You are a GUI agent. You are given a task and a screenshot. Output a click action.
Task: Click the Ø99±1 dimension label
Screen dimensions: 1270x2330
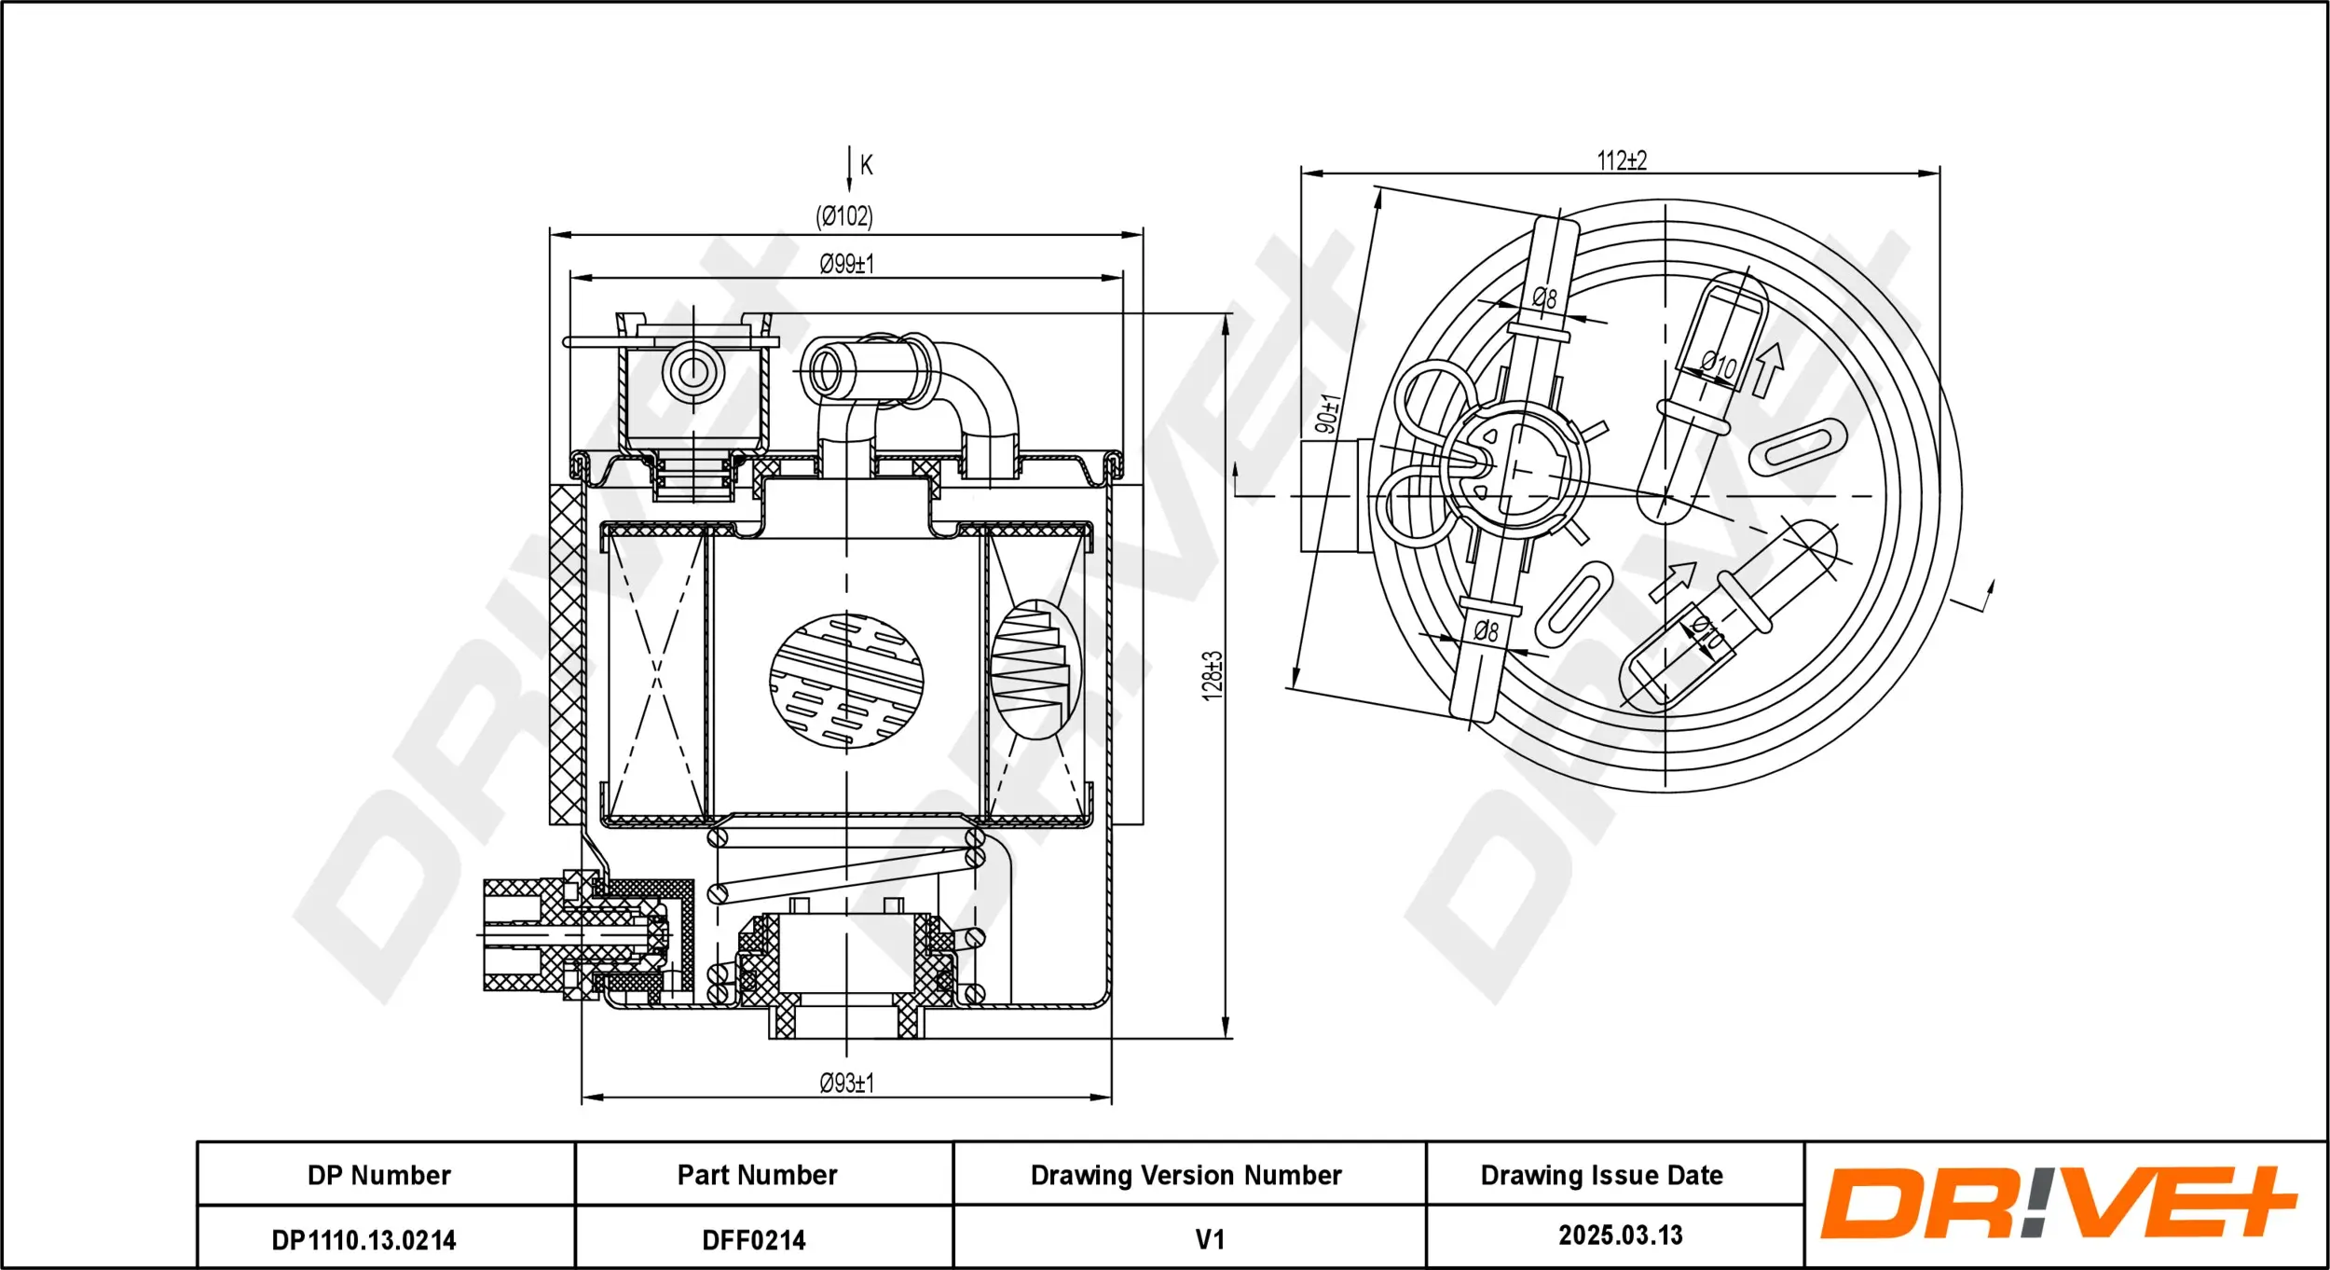pos(846,264)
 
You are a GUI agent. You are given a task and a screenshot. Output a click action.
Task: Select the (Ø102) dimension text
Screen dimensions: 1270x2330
pos(844,216)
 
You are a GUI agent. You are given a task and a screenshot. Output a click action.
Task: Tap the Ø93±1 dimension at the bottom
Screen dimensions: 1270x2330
pos(846,1083)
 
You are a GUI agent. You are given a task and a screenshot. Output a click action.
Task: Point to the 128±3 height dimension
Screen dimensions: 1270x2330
pos(1212,676)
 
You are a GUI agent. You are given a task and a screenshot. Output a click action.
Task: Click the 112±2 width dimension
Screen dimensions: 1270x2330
pos(1622,160)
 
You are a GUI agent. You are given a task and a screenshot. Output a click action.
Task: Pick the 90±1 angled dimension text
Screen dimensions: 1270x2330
pos(1328,413)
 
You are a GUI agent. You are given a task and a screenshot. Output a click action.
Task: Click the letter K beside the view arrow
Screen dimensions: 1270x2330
pos(866,165)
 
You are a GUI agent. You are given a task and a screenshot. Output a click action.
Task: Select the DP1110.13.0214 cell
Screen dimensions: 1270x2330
pos(363,1240)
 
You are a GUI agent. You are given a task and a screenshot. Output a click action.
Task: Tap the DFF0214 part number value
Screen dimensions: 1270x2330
pos(753,1240)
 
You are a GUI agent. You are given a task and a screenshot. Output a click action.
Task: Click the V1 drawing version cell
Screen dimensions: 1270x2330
pos(1209,1239)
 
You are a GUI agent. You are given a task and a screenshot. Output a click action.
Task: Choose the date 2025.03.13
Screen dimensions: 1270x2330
pos(1620,1235)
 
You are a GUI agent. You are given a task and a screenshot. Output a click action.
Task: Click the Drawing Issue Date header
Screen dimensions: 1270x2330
pos(1601,1175)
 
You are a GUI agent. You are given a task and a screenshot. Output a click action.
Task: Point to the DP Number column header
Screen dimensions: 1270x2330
pos(378,1175)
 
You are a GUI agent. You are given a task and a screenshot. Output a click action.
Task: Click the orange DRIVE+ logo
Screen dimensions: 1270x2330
pos(2058,1203)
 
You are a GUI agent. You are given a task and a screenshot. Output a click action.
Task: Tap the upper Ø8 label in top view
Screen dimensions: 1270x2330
pos(1544,298)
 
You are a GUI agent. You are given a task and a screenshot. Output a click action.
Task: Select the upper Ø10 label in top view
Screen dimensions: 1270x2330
pos(1719,365)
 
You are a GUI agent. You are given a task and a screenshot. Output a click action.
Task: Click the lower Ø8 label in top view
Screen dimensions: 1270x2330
pos(1487,631)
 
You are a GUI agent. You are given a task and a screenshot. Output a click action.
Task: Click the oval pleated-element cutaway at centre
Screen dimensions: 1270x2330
pos(846,681)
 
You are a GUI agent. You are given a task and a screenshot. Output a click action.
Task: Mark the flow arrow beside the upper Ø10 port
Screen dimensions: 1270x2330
pos(1767,369)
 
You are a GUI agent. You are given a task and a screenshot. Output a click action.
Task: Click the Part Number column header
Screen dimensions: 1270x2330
pos(757,1175)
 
